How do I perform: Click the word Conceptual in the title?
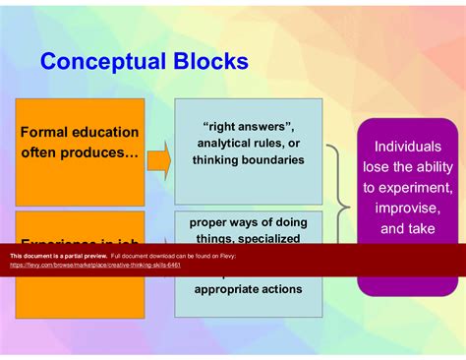tap(106, 62)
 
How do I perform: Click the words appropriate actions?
tap(248, 288)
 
